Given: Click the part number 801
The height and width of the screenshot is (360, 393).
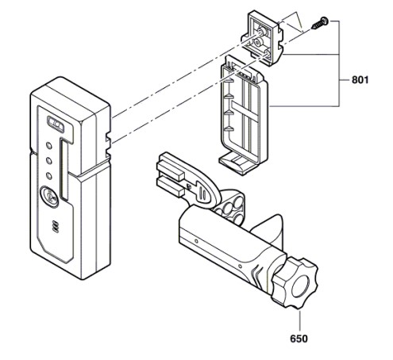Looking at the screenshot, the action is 360,80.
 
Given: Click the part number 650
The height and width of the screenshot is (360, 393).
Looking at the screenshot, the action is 299,339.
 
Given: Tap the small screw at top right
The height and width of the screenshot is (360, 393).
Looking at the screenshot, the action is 320,23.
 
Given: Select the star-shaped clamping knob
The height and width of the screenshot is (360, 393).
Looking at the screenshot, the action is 295,283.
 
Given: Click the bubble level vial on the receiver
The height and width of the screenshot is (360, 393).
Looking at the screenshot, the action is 56,124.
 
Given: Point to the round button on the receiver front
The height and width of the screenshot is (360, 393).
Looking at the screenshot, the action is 49,197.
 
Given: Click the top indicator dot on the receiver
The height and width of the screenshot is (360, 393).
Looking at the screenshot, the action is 49,145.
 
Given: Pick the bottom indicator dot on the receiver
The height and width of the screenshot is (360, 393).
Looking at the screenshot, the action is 49,176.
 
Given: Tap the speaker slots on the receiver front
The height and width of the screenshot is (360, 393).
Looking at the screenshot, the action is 56,227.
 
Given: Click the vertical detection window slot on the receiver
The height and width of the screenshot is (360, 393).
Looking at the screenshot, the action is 64,169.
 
